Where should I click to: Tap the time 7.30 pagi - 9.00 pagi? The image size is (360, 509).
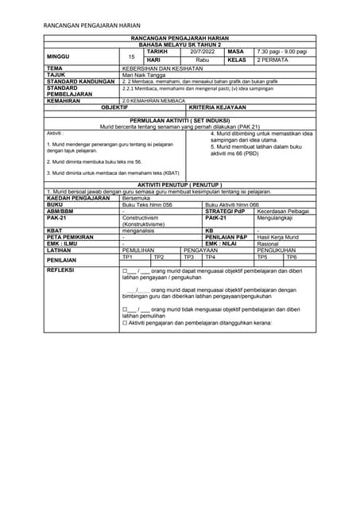coord(281,51)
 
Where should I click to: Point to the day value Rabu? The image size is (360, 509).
coord(202,60)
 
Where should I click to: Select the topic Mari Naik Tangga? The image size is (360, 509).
coord(140,75)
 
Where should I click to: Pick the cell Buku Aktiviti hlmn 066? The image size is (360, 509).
coord(232,204)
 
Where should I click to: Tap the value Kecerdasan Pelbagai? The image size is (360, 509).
coord(283,211)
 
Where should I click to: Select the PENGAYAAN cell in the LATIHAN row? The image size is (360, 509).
coord(200,251)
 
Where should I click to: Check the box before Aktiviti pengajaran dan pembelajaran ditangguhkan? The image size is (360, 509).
coord(125,324)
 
